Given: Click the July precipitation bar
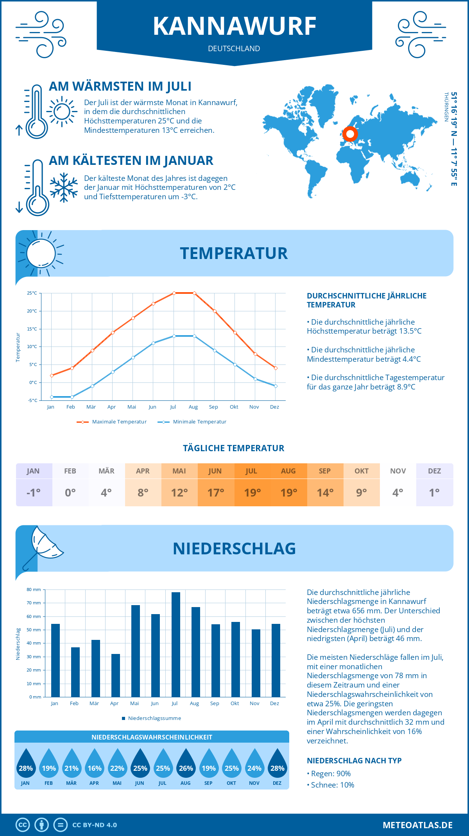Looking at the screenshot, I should (x=176, y=645).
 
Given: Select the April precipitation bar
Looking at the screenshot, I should (x=116, y=675).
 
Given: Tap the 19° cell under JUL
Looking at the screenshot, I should (x=252, y=493).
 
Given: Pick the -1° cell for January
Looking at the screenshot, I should (x=34, y=493).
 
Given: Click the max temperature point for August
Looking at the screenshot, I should (x=194, y=293).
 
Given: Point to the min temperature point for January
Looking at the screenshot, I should (x=52, y=397).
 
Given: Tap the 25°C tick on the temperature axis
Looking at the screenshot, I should (x=32, y=293).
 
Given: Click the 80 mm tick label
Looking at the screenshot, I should (x=34, y=589).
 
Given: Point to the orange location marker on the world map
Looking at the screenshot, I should (x=350, y=134).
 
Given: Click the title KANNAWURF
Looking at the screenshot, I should (x=234, y=26).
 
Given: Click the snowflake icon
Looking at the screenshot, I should (x=64, y=188).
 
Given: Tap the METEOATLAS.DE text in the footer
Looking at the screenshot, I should (x=417, y=825).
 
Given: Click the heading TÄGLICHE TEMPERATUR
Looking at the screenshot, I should (x=234, y=448).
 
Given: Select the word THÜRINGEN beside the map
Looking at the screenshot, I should (x=446, y=107).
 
